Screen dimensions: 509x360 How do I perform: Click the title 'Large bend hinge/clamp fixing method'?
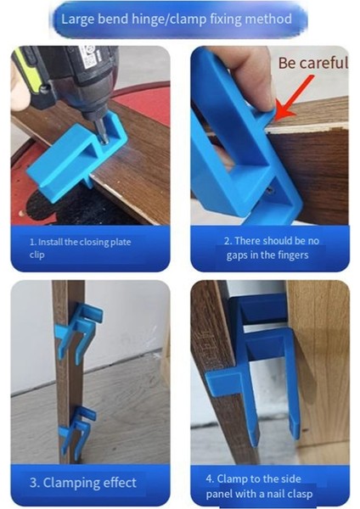pyautogui.click(x=179, y=18)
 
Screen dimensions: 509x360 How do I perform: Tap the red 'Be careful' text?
pyautogui.click(x=312, y=63)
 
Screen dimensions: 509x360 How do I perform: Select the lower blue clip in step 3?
pyautogui.click(x=77, y=428)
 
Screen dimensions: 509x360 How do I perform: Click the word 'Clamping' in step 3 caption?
pyautogui.click(x=67, y=483)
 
